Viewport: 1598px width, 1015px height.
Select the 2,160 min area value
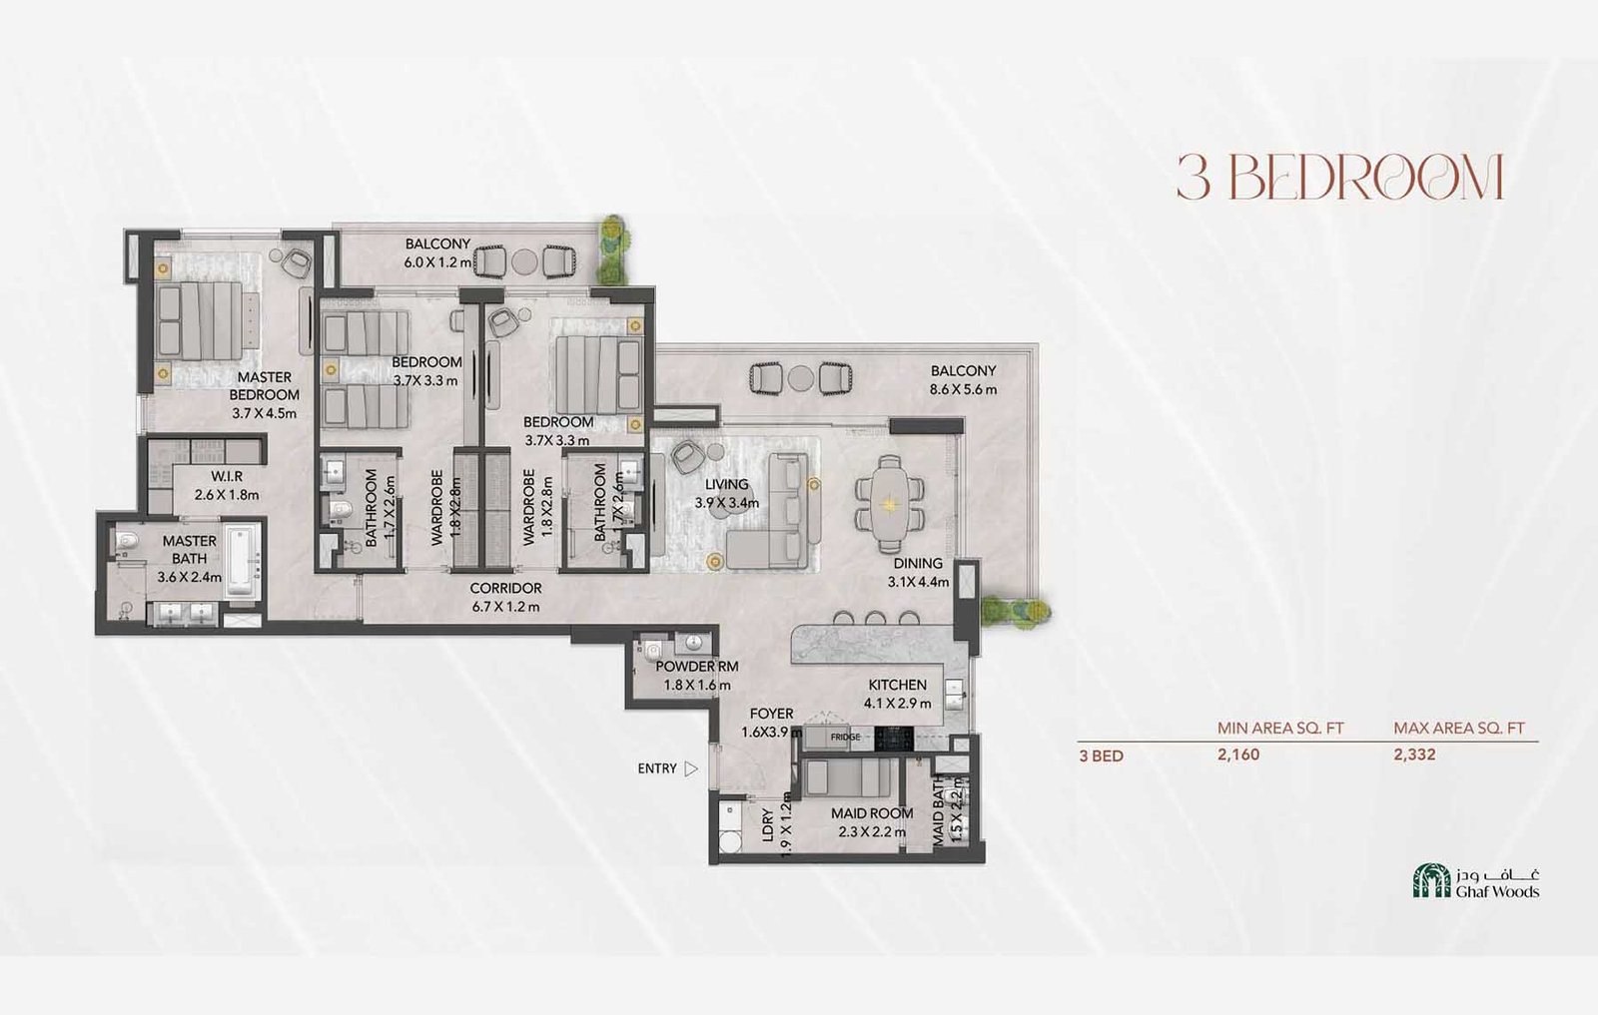[1238, 755]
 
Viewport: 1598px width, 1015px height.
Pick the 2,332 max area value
[1414, 755]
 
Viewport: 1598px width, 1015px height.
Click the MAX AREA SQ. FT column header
[1458, 729]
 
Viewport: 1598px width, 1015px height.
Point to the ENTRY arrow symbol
[691, 768]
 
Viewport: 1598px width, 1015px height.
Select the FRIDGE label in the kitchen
[845, 738]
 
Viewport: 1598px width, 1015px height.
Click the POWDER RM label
[697, 667]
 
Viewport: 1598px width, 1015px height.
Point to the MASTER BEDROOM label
[264, 385]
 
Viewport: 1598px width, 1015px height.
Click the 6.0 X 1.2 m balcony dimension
[436, 262]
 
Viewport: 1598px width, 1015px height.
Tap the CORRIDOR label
[505, 589]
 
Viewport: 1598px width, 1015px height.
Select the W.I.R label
[227, 477]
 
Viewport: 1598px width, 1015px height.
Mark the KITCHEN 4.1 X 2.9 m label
[897, 694]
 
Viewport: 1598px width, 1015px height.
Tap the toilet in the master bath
[127, 543]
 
